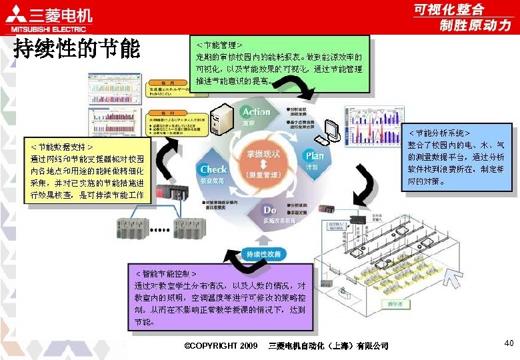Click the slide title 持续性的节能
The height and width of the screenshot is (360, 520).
click(x=77, y=49)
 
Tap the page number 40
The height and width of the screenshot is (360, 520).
click(x=509, y=343)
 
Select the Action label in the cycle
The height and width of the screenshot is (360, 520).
click(x=256, y=112)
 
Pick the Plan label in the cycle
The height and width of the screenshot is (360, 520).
click(x=314, y=156)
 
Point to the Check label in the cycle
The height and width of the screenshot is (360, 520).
click(x=213, y=169)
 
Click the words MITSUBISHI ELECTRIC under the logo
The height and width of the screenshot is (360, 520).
click(x=45, y=29)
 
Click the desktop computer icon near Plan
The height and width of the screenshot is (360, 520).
click(x=329, y=132)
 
